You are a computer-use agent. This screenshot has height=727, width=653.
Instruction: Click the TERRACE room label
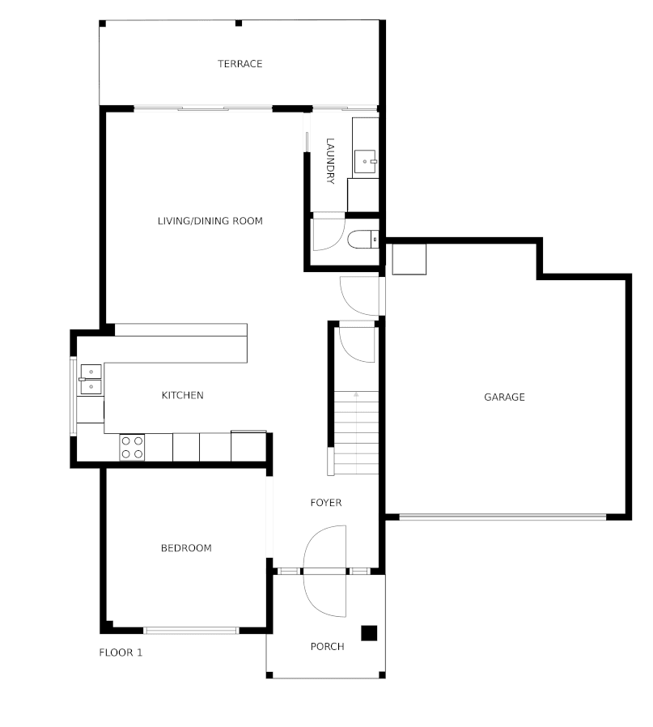(240, 64)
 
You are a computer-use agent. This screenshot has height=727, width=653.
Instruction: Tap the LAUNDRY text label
(330, 161)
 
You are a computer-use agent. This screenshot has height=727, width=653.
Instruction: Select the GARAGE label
(504, 397)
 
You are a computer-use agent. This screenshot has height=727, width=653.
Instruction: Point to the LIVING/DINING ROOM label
(210, 221)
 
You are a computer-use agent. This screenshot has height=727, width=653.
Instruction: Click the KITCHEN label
(182, 395)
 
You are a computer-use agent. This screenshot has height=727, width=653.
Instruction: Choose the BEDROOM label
(186, 548)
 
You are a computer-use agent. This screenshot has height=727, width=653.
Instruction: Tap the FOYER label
(326, 503)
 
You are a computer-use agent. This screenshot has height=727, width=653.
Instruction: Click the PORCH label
(327, 646)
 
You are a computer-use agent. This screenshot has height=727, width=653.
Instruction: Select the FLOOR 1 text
(121, 653)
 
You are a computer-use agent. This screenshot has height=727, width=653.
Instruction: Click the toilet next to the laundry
(362, 240)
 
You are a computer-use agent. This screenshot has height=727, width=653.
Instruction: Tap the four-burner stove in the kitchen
(132, 448)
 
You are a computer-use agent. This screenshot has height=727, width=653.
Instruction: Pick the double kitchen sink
(91, 379)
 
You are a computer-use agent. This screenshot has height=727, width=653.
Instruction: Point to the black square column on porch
(369, 633)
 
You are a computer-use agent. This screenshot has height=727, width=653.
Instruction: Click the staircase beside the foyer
(356, 433)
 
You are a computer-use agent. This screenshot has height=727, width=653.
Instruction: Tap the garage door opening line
(502, 516)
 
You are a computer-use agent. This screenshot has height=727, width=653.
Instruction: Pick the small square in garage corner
(409, 259)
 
